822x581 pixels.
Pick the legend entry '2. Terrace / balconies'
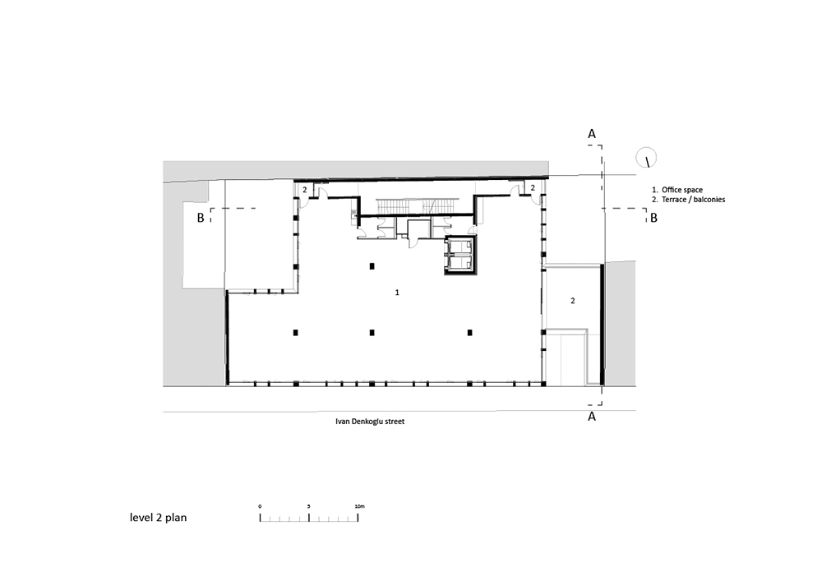point(689,200)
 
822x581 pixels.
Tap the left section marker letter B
point(200,218)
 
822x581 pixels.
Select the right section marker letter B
point(653,219)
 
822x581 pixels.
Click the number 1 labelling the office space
point(398,292)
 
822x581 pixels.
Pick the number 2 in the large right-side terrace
point(573,302)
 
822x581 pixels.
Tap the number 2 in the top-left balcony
point(304,190)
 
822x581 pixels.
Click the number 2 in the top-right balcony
point(533,188)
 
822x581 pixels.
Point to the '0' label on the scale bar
point(260,506)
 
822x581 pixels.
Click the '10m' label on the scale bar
point(359,506)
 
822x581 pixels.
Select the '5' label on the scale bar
point(308,506)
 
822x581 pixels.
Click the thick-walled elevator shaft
point(460,257)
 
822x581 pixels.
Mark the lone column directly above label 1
point(372,265)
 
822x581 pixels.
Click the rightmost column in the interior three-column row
point(470,332)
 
